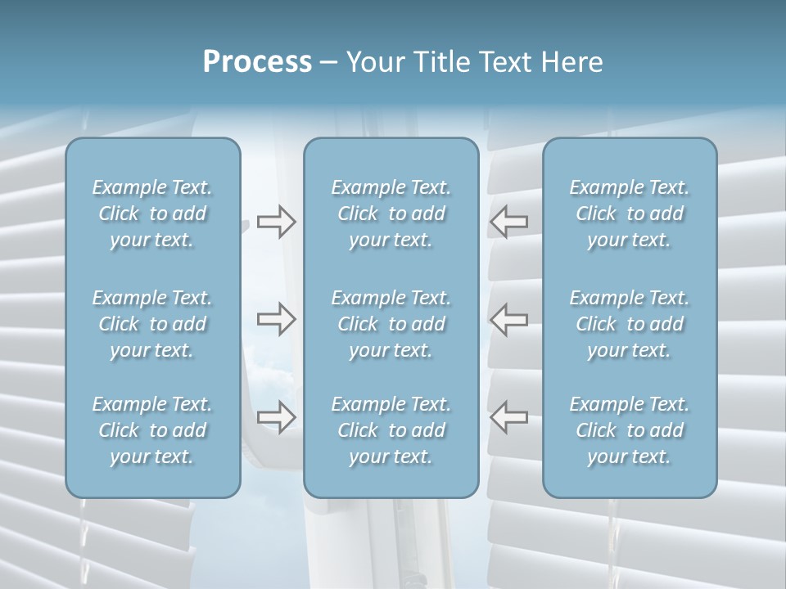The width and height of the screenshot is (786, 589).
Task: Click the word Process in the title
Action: [x=257, y=62]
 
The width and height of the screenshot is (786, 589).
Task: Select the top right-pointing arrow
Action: [x=276, y=222]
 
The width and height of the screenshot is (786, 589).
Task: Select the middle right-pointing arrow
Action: [x=276, y=318]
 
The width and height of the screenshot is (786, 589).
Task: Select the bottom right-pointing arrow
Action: [x=276, y=416]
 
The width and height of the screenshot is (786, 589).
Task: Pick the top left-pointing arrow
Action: [x=509, y=222]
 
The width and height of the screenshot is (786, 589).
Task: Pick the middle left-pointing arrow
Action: [x=509, y=318]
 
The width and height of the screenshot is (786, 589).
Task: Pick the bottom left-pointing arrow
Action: [x=509, y=416]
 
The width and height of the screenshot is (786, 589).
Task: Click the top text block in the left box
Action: [x=152, y=214]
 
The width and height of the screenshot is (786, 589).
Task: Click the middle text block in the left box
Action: [x=152, y=324]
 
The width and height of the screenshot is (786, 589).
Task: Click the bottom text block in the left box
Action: [x=152, y=430]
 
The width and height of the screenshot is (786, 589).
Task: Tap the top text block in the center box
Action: [x=391, y=214]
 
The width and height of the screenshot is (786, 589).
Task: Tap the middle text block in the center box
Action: [x=391, y=324]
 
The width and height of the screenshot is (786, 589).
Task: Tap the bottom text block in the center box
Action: [x=391, y=430]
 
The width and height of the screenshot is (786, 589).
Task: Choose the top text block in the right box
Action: [x=630, y=214]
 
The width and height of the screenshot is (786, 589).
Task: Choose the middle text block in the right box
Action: [x=630, y=324]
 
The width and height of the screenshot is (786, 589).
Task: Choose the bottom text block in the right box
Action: [x=630, y=430]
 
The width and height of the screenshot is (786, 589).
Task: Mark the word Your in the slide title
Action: [x=374, y=62]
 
